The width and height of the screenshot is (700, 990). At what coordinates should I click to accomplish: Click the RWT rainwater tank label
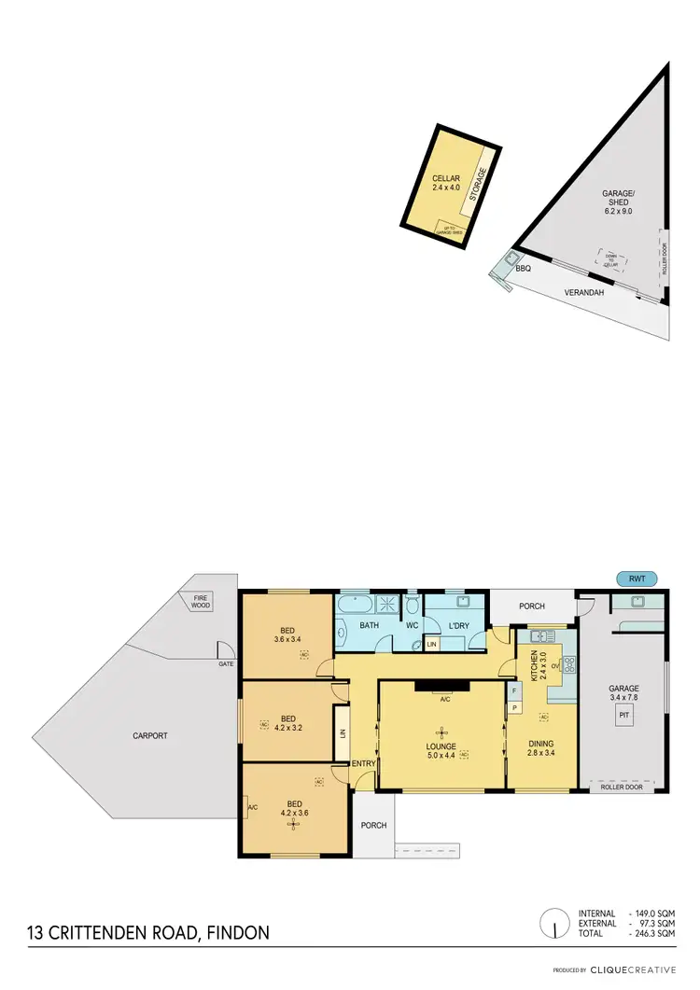coord(637,579)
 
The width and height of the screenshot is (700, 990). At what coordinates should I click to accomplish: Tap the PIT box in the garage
coord(622,715)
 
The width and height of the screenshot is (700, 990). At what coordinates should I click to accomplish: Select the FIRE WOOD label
coord(201,602)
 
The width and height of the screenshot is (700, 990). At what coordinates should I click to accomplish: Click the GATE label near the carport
coord(225,663)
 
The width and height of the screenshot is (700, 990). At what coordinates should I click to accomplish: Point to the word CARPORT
coord(150,735)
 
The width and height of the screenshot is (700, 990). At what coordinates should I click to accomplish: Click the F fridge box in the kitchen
coord(513,690)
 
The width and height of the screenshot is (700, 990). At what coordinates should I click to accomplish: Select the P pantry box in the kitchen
coord(513,709)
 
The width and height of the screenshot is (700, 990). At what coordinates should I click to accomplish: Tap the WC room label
coord(412,625)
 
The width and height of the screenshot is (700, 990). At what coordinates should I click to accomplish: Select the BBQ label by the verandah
coord(523,269)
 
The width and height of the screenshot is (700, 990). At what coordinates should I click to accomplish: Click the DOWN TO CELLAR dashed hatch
coord(611,258)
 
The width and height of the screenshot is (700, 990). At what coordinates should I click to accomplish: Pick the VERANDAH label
coord(584,292)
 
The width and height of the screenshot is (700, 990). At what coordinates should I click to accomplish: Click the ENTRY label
coord(363,764)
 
